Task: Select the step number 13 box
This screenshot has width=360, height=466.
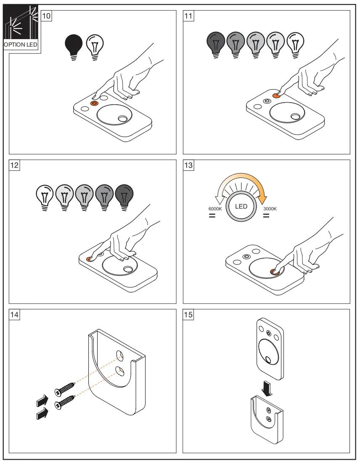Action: (x=188, y=165)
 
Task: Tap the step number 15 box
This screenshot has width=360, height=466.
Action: (x=188, y=315)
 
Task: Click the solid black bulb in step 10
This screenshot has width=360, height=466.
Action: (x=74, y=45)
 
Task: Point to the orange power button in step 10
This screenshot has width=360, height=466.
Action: (x=94, y=103)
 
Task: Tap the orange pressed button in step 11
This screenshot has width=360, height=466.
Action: (x=276, y=96)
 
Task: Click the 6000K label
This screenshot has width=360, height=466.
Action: (x=215, y=209)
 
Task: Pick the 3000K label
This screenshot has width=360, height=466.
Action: (x=270, y=209)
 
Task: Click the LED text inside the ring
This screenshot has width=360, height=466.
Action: (x=241, y=207)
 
